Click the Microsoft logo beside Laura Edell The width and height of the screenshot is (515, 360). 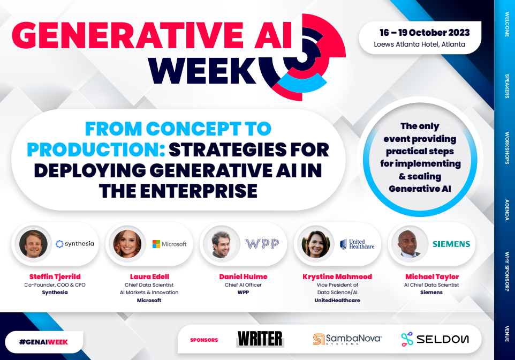coord(169,244)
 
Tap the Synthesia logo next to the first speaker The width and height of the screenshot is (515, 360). coord(75,244)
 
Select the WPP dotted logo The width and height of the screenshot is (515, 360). coord(262,244)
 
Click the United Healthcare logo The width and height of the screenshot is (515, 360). coord(357,244)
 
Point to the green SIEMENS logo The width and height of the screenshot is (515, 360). coord(451,244)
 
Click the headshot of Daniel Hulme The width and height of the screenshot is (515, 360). coord(220,244)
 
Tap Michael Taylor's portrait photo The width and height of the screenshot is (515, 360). coord(408,244)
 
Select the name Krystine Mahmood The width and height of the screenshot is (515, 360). coord(338,276)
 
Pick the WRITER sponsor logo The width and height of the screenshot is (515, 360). coord(260,339)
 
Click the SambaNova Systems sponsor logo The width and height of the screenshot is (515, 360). coord(347,339)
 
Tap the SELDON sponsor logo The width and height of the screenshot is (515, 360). coord(435,339)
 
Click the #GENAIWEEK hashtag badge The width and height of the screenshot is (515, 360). coord(43,341)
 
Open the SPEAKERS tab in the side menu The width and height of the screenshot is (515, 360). coord(506,86)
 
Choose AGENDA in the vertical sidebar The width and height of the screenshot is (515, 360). coord(506,211)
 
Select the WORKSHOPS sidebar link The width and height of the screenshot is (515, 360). coord(506,147)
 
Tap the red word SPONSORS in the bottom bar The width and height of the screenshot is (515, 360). coord(204,340)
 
